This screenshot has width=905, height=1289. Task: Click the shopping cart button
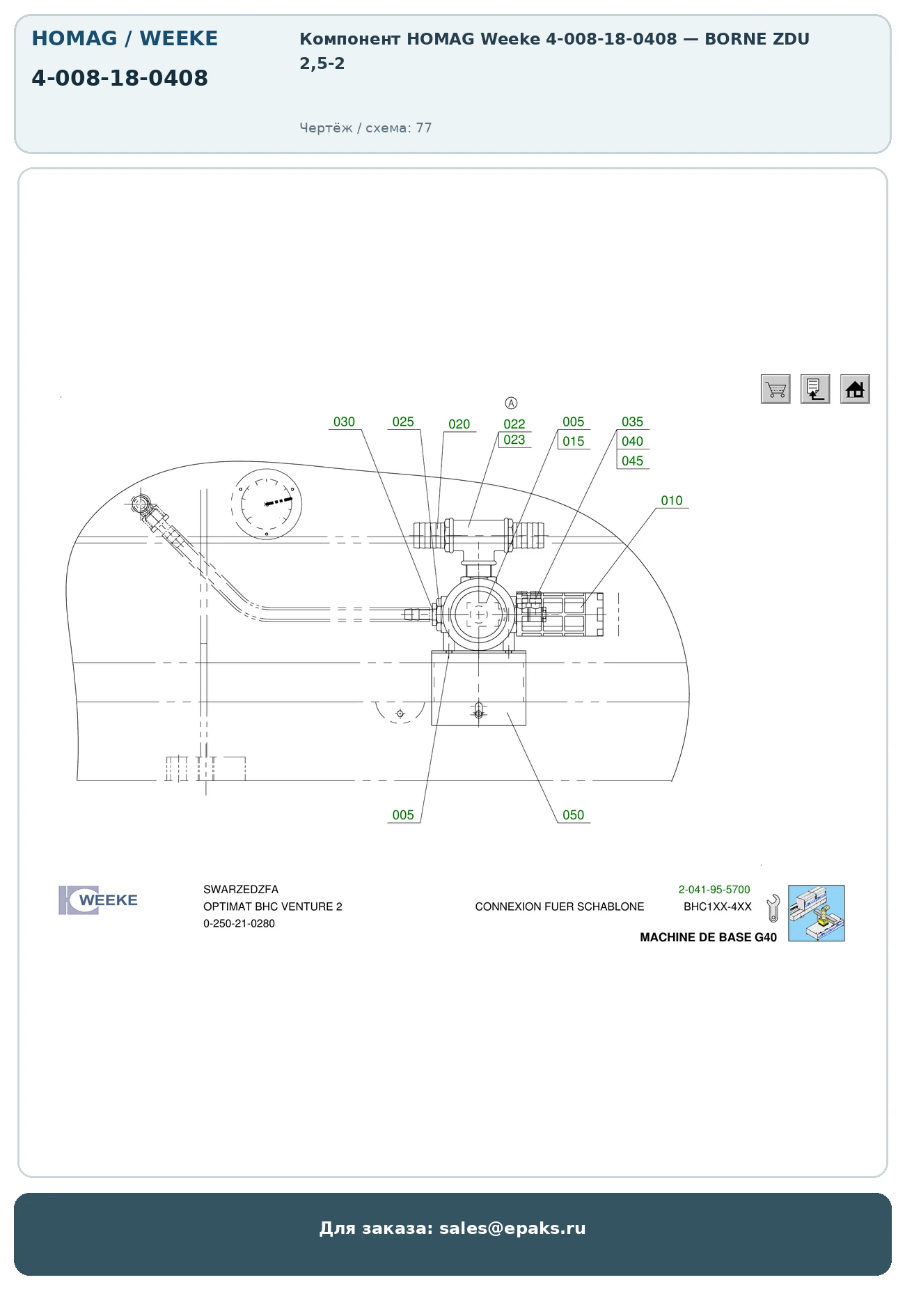tap(776, 389)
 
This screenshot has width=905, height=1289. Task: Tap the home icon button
tap(855, 389)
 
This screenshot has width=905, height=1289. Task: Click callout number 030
tap(344, 422)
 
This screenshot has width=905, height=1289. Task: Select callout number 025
tap(403, 422)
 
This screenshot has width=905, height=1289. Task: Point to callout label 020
tap(459, 424)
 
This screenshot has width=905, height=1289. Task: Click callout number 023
tap(514, 440)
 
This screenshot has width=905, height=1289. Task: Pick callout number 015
tap(574, 441)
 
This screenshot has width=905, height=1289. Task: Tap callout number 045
tap(633, 461)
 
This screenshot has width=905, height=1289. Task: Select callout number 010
tap(672, 500)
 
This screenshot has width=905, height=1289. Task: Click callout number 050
tap(574, 815)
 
